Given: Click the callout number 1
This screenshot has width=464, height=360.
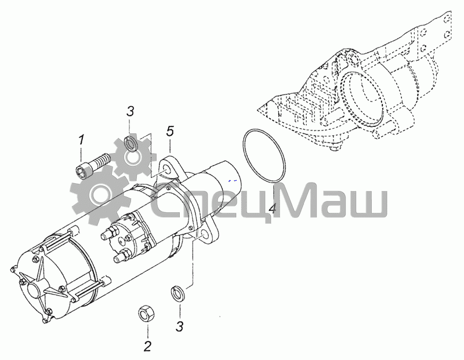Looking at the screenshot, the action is (81, 140).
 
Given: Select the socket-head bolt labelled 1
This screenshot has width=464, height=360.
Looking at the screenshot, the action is (92, 166).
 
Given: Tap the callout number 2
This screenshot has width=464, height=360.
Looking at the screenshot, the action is (148, 346).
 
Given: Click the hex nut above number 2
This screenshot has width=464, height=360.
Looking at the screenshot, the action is (147, 313).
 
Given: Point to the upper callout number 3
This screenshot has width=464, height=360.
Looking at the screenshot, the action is (130, 111).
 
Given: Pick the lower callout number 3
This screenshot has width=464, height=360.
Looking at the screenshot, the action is (180, 326).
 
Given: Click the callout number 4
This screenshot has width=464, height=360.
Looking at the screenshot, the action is (273, 208).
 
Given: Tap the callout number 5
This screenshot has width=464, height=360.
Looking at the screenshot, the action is (170, 131).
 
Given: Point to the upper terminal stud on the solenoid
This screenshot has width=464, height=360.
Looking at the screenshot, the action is (107, 234).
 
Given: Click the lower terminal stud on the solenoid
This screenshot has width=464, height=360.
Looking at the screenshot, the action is (121, 256).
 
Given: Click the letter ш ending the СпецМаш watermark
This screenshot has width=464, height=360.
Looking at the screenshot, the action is (369, 203).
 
